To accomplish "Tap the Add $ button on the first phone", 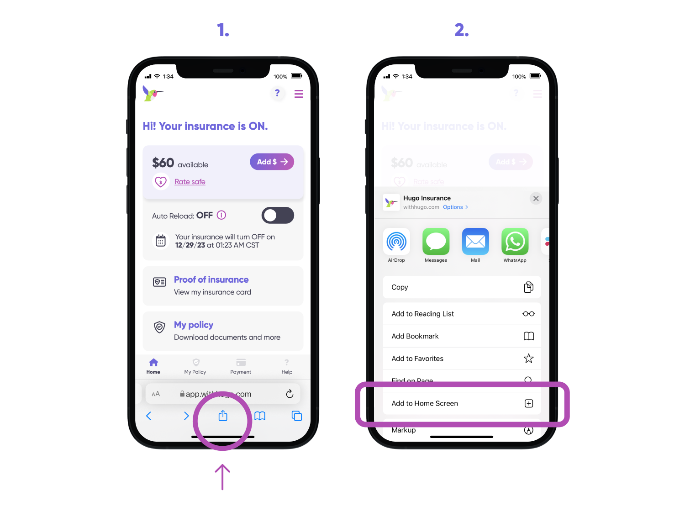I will pos(272,162).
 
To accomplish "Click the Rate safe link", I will pos(190,182).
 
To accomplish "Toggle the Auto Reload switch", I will pos(278,215).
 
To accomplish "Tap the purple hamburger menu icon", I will pos(299,94).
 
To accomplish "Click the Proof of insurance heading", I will pos(211,280).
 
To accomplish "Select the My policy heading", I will pos(193,325).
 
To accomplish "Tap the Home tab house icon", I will pos(153,363).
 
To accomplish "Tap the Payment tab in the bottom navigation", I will pos(241,366).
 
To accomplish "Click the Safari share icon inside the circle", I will pos(223,416).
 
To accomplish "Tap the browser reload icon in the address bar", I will pos(290,394).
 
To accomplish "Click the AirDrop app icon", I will pos(396,242).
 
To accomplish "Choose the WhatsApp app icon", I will pos(515,242).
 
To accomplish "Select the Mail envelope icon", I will pos(475,242).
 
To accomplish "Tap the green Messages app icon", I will pos(436,242).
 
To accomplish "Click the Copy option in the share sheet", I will pos(461,287).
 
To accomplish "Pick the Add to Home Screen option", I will pos(461,403).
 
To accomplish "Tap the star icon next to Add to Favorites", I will pos(528,359).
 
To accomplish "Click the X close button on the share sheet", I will pos(536,198).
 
